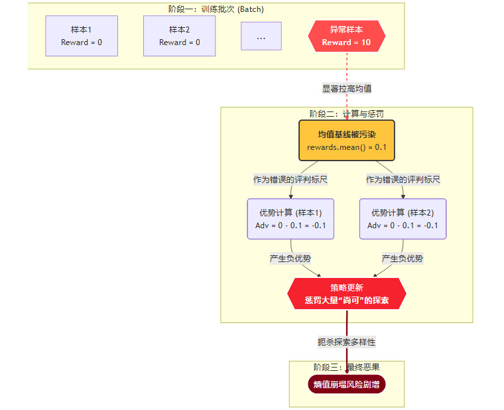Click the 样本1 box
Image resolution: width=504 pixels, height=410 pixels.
[82, 36]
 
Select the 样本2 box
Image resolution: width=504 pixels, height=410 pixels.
[179, 36]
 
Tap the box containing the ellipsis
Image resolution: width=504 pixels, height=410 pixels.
[261, 36]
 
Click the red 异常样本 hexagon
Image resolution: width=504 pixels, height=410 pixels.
[346, 36]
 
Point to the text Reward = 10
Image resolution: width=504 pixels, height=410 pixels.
[346, 42]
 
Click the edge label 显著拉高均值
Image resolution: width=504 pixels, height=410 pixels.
[347, 88]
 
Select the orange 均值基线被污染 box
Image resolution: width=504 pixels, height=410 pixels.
[346, 140]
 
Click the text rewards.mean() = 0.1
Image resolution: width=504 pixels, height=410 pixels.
[346, 147]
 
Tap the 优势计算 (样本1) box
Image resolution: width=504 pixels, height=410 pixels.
[290, 219]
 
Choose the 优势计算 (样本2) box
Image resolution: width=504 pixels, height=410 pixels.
[403, 219]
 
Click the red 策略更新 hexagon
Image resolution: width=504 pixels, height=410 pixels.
[346, 293]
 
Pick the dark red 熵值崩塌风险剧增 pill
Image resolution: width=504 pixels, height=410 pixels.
[346, 384]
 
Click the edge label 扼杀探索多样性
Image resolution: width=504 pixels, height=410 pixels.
[346, 342]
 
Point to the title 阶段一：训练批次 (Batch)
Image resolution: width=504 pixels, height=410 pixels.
[216, 9]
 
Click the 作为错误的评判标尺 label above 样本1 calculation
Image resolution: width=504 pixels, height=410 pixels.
[290, 180]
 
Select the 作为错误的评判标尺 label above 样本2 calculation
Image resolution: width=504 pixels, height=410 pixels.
[403, 180]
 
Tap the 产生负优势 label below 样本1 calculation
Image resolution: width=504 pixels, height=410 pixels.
[290, 259]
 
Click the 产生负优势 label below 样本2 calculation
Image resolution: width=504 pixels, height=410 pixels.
[403, 259]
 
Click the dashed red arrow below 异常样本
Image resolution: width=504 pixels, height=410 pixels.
[347, 70]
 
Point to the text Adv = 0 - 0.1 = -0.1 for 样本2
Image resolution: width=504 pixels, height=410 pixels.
[403, 226]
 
